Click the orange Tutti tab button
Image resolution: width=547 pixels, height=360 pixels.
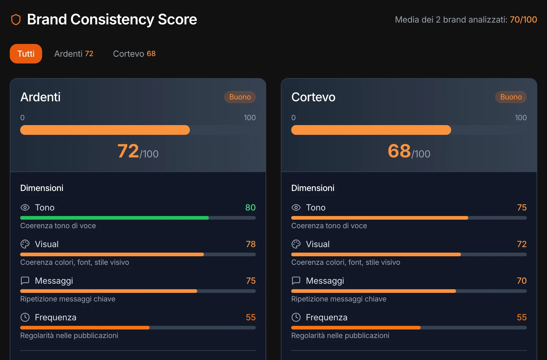[x=26, y=54]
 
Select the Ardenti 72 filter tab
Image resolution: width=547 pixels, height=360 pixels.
[x=74, y=54]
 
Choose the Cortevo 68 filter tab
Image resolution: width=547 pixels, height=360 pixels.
[x=134, y=54]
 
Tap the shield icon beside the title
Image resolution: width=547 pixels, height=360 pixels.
[x=16, y=20]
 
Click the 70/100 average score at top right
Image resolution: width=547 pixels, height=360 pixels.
[x=523, y=20]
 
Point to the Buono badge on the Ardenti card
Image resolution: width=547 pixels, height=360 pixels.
[x=240, y=97]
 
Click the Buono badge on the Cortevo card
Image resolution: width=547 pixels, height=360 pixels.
[x=511, y=97]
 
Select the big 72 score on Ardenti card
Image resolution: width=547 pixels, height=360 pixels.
[x=128, y=151]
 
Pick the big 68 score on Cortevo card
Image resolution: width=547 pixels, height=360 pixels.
[x=399, y=151]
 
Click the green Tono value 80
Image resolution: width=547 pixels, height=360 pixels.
[x=250, y=207]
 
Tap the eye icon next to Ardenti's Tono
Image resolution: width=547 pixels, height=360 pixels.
[x=25, y=207]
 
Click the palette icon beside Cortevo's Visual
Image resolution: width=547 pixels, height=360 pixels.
[x=296, y=244]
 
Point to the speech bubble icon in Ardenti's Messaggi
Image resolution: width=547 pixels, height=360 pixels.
[x=25, y=280]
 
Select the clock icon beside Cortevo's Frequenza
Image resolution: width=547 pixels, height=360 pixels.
[x=296, y=317]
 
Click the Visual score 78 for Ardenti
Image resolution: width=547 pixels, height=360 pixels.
[x=251, y=244]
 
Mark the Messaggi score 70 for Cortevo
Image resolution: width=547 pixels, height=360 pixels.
[x=522, y=281]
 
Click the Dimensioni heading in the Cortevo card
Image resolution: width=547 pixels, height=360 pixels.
[x=313, y=188]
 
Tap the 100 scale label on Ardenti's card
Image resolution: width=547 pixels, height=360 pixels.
[x=250, y=117]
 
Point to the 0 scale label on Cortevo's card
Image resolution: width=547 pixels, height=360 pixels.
[x=293, y=117]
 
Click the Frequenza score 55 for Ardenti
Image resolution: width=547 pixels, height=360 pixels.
[x=251, y=317]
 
